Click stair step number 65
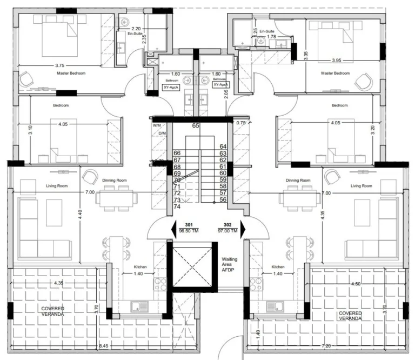click(196, 125)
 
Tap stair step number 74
click(177, 206)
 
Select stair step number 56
click(223, 199)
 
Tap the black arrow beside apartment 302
click(243, 226)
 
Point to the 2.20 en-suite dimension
click(136, 29)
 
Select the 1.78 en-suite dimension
click(279, 37)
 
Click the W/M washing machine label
click(157, 126)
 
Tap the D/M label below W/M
click(161, 133)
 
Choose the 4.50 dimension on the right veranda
click(340, 283)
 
